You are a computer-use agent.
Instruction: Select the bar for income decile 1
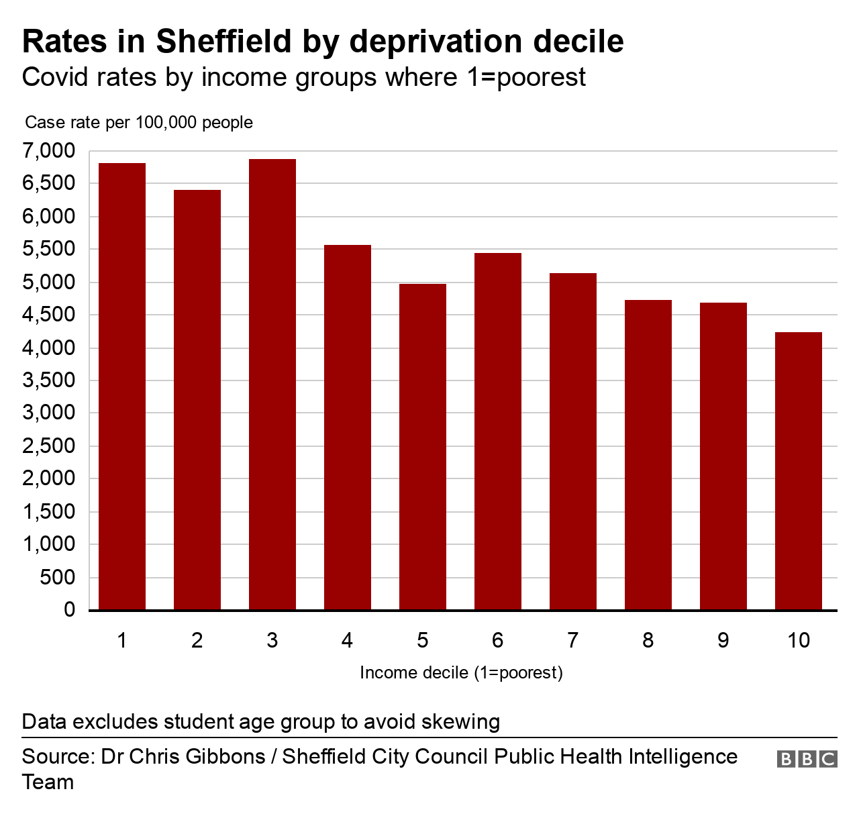pyautogui.click(x=122, y=387)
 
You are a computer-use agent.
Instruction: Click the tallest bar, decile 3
pyautogui.click(x=272, y=385)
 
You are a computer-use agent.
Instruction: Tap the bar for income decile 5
pyautogui.click(x=423, y=447)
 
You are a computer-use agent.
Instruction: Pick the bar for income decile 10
pyautogui.click(x=799, y=471)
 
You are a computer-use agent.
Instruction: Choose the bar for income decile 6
pyautogui.click(x=498, y=431)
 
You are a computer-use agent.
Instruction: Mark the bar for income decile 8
pyautogui.click(x=648, y=455)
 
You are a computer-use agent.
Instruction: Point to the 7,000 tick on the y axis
pyautogui.click(x=49, y=151)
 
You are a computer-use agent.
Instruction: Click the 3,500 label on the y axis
pyautogui.click(x=49, y=380)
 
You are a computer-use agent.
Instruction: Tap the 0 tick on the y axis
pyautogui.click(x=69, y=610)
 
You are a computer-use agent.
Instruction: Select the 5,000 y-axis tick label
pyautogui.click(x=49, y=283)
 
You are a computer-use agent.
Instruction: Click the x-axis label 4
pyautogui.click(x=347, y=641)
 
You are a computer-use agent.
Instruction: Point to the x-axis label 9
pyautogui.click(x=723, y=641)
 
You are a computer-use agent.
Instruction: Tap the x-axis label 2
pyautogui.click(x=197, y=641)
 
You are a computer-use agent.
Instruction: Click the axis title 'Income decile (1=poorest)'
pyautogui.click(x=461, y=672)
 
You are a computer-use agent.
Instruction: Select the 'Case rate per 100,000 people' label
pyautogui.click(x=139, y=123)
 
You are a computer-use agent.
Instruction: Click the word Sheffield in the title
pyautogui.click(x=224, y=42)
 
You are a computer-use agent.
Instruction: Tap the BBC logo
pyautogui.click(x=807, y=759)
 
